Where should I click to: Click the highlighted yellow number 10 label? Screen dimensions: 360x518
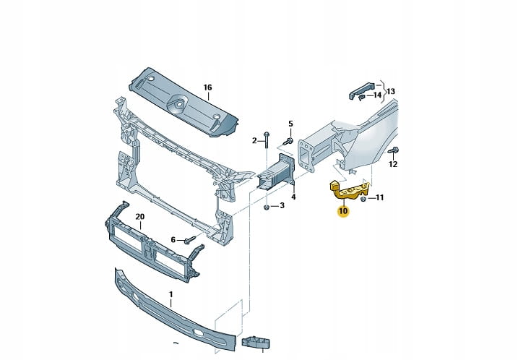pyautogui.click(x=342, y=211)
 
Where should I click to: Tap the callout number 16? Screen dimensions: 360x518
pyautogui.click(x=207, y=88)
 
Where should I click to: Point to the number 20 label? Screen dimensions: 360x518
pyautogui.click(x=140, y=216)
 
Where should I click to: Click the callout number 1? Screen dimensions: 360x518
pyautogui.click(x=171, y=294)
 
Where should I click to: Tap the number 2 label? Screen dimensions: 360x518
pyautogui.click(x=254, y=140)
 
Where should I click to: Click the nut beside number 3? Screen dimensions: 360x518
pyautogui.click(x=267, y=207)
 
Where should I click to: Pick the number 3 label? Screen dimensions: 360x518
pyautogui.click(x=282, y=206)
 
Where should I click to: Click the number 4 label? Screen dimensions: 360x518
pyautogui.click(x=293, y=196)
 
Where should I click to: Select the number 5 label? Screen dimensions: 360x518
pyautogui.click(x=290, y=124)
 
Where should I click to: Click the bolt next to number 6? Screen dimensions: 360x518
pyautogui.click(x=190, y=239)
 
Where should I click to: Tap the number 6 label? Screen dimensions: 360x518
pyautogui.click(x=173, y=239)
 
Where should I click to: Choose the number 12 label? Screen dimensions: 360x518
pyautogui.click(x=393, y=165)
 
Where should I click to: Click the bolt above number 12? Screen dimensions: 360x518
pyautogui.click(x=393, y=150)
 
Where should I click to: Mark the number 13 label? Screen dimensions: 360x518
pyautogui.click(x=391, y=91)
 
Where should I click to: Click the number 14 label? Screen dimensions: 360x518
pyautogui.click(x=377, y=95)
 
